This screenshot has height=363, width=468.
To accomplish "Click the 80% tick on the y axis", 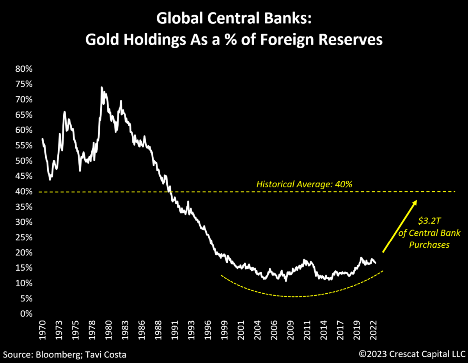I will pyautogui.click(x=24, y=69).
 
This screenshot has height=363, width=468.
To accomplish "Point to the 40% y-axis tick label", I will pyautogui.click(x=24, y=192).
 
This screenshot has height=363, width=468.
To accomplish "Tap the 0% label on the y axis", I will pyautogui.click(x=27, y=314).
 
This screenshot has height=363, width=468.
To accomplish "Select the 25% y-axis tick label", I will pyautogui.click(x=24, y=238).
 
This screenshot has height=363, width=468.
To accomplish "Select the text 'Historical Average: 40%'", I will pyautogui.click(x=304, y=184).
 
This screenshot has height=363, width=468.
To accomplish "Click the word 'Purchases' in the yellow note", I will pyautogui.click(x=430, y=245).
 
